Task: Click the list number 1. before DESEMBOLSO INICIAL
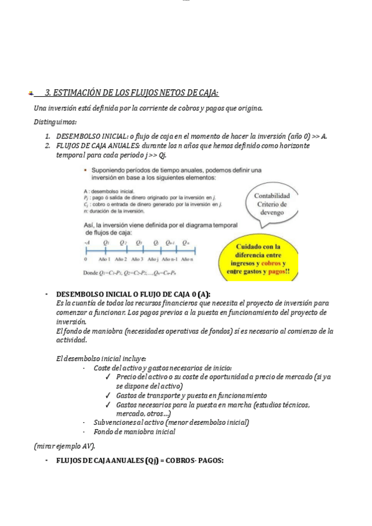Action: click(x=48, y=136)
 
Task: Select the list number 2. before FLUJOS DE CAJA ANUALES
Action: click(x=48, y=145)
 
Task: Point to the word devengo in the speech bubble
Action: click(x=272, y=212)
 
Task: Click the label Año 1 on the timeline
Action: click(x=104, y=259)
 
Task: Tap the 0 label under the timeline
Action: click(x=85, y=259)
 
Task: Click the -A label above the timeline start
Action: click(x=86, y=242)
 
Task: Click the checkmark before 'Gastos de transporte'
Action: click(x=109, y=395)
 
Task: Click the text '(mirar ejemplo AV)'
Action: click(x=65, y=446)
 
